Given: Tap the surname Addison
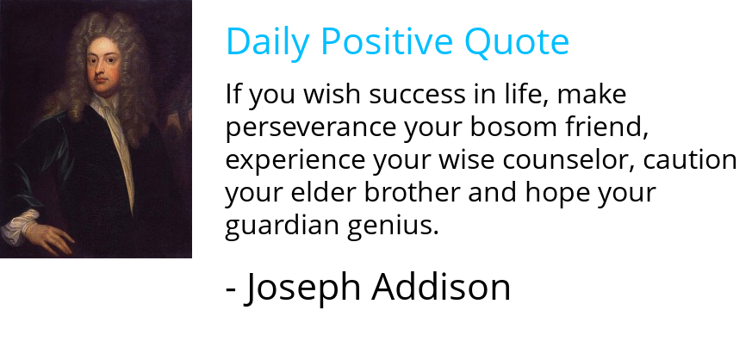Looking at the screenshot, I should click(441, 288).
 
